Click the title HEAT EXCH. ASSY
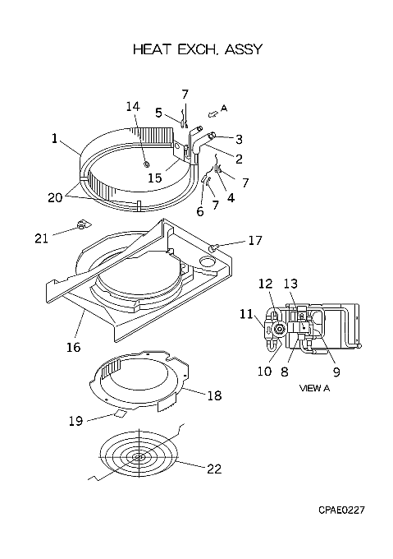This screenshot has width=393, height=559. [198, 49]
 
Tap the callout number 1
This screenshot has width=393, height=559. [54, 138]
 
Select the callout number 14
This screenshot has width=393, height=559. [133, 106]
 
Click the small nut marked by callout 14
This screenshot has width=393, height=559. [145, 164]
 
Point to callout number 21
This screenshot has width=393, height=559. [41, 238]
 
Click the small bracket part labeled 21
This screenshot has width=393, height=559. [83, 225]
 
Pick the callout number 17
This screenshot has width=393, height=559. [255, 240]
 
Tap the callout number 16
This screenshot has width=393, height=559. [74, 347]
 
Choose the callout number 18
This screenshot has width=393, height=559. [214, 395]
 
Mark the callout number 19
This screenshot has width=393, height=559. [75, 421]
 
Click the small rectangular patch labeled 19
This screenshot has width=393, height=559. [121, 413]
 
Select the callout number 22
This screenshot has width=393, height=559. [214, 469]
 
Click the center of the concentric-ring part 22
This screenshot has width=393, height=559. [139, 457]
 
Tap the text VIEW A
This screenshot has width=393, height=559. [314, 388]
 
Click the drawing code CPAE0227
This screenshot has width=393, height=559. [341, 510]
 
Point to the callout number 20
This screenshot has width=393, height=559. [55, 197]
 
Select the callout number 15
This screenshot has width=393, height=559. [155, 178]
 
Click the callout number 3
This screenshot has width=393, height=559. [239, 140]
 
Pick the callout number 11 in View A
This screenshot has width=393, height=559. [246, 314]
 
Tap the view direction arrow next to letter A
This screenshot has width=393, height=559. [212, 113]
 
